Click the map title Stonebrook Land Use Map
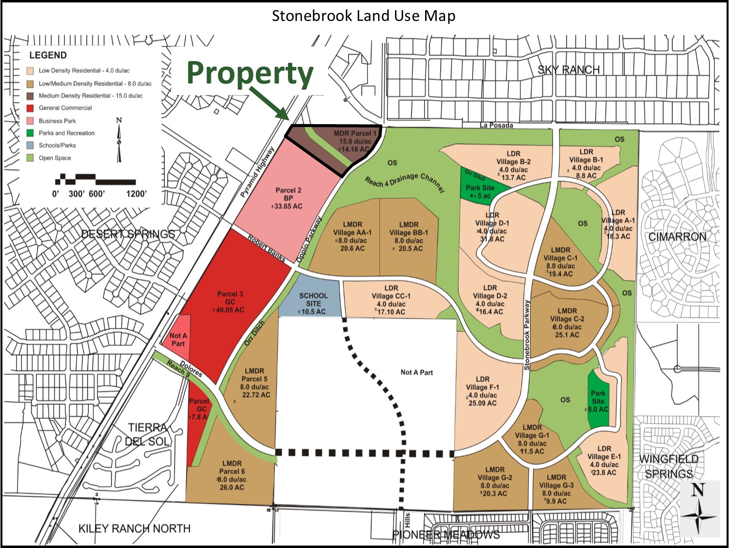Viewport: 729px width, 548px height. pos(364,16)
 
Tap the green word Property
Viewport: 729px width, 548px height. pos(250,74)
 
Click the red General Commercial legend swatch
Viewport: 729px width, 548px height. pos(30,108)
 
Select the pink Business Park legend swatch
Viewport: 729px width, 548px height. pos(30,121)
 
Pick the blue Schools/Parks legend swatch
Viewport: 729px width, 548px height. pos(30,145)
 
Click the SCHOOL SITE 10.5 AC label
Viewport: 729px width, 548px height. pos(313,303)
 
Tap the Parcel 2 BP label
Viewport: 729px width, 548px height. pos(288,198)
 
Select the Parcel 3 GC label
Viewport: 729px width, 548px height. pos(230,302)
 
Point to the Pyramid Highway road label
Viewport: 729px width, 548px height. pos(257,172)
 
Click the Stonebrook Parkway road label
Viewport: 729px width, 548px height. pos(527,335)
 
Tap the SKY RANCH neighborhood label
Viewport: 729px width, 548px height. pos(569,70)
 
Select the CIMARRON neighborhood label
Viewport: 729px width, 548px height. pos(677,237)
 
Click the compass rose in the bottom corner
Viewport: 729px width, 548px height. pos(698,509)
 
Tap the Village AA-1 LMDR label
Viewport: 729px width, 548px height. pos(352,236)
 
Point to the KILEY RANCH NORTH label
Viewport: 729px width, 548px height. pos(134,528)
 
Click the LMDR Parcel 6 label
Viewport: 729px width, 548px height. pos(232,475)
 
